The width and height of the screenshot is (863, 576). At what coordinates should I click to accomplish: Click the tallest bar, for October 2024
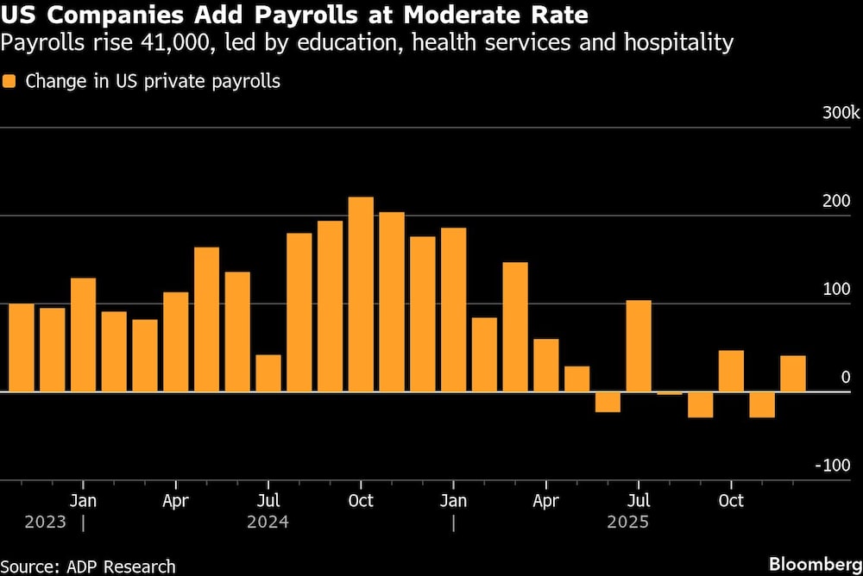361,294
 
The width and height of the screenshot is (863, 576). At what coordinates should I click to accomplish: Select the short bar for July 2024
268,373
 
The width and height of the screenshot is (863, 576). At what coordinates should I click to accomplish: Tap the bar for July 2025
639,346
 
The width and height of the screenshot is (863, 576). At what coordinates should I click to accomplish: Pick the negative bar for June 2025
608,402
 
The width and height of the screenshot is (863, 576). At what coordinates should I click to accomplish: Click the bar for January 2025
453,310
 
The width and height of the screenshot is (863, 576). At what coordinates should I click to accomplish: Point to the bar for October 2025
731,371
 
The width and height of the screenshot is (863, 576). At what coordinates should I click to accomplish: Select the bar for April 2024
176,341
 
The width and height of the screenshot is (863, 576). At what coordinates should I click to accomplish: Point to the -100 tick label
834,466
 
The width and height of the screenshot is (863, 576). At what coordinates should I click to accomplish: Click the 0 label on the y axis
846,378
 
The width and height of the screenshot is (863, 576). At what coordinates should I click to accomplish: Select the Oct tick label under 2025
731,501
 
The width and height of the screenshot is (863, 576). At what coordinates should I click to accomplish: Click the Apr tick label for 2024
176,501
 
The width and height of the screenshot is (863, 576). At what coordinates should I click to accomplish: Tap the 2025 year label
628,522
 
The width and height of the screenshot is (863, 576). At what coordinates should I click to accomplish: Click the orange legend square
9,82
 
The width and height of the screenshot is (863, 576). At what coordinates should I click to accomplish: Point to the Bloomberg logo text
815,564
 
